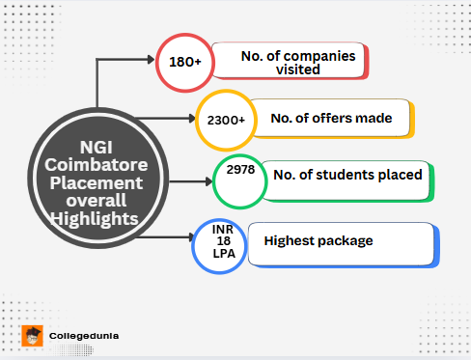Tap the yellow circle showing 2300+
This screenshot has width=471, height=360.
(225, 120)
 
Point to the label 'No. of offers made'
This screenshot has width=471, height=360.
(331, 119)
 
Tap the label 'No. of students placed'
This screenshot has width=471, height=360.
(347, 175)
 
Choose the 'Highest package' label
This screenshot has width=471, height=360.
(319, 240)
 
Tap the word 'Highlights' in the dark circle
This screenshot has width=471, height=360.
(94, 220)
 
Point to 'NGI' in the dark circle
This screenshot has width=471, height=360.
(94, 148)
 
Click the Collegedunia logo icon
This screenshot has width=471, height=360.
(33, 337)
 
